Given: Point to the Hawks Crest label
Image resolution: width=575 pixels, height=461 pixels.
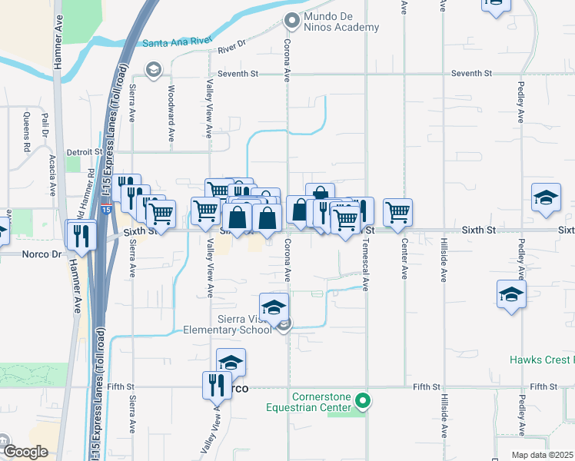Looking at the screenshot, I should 541,360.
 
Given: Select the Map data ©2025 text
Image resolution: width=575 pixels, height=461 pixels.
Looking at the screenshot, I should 542,455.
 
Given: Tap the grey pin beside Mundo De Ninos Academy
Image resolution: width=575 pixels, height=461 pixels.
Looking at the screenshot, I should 291,19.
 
